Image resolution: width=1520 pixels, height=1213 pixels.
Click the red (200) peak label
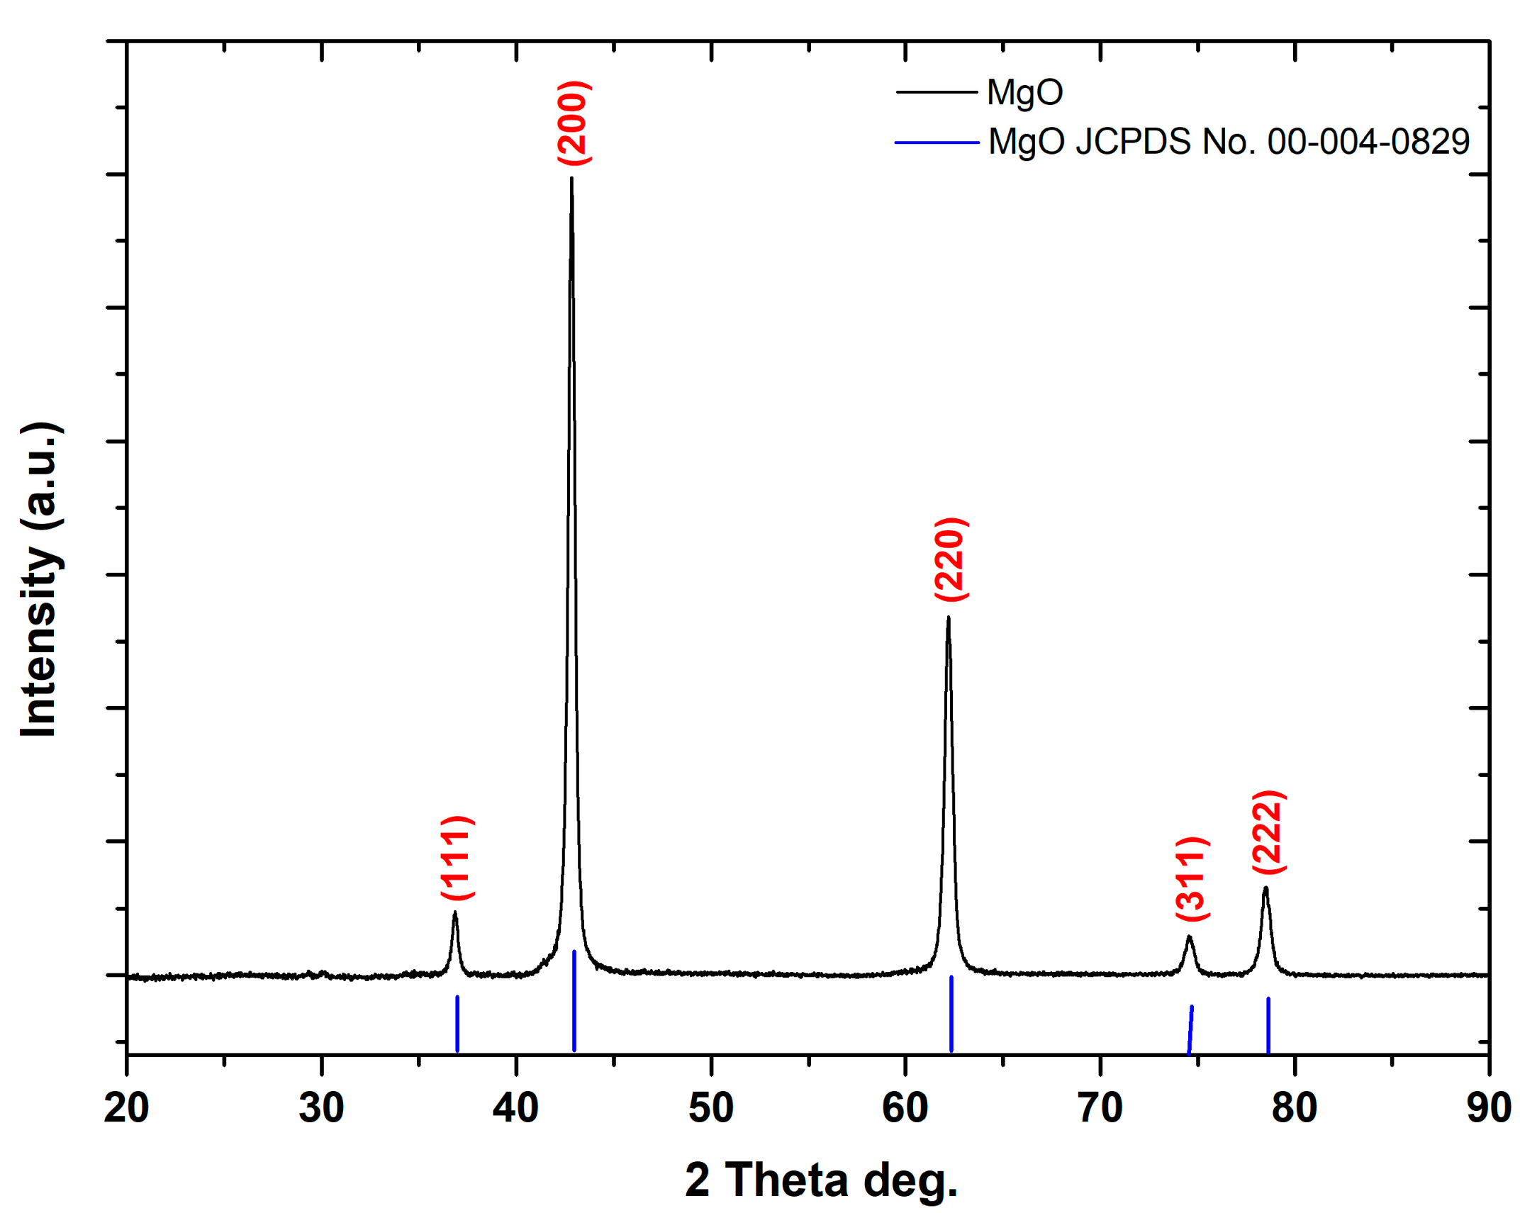(574, 123)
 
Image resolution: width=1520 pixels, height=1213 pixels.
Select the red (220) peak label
(951, 559)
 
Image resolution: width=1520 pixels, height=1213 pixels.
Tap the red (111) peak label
(457, 857)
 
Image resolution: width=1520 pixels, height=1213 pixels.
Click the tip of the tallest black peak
(571, 179)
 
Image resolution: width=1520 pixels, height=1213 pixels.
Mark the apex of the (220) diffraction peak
(948, 618)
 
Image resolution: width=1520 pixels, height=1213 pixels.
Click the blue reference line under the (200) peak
(574, 1000)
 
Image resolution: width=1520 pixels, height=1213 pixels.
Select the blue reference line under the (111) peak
(457, 1023)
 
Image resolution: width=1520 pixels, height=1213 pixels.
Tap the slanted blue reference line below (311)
(1190, 1029)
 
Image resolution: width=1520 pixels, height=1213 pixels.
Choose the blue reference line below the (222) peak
(1268, 1024)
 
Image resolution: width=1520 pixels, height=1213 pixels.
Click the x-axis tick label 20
(126, 1108)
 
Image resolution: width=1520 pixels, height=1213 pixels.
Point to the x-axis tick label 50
(710, 1108)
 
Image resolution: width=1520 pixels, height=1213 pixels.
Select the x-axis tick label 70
(1100, 1108)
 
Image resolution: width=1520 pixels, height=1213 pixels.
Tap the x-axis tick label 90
(1488, 1108)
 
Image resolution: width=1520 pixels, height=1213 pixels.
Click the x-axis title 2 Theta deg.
(821, 1180)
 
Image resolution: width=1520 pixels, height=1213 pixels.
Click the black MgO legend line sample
(936, 92)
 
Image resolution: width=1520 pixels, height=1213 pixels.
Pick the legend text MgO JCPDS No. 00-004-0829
(1229, 142)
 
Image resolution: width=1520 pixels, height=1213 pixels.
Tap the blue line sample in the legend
(936, 142)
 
